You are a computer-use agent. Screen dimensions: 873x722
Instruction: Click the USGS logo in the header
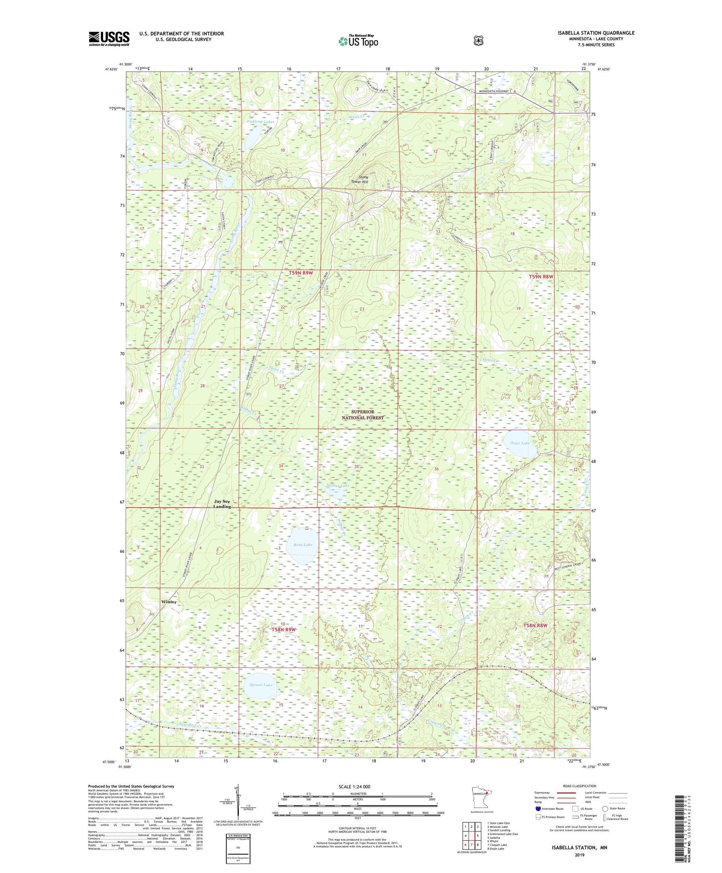[109, 39]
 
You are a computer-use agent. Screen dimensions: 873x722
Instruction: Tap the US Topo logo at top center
[358, 41]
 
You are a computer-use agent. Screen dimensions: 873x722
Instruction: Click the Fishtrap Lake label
[260, 122]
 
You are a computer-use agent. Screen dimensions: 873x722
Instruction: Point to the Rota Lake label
[302, 545]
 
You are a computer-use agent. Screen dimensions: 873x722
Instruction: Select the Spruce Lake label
[260, 685]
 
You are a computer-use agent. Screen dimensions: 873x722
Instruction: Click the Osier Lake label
[519, 443]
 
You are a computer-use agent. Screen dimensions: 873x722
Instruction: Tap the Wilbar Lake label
[338, 486]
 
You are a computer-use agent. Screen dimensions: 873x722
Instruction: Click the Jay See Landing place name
[222, 504]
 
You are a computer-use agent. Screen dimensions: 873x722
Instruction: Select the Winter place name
[169, 602]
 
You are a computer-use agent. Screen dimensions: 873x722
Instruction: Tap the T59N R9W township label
[301, 273]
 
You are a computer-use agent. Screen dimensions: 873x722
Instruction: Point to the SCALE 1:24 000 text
[354, 786]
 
